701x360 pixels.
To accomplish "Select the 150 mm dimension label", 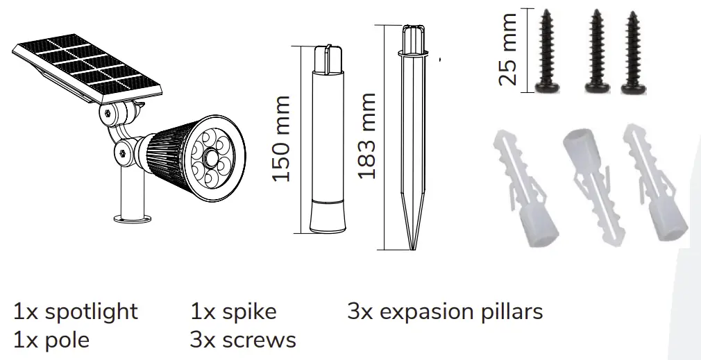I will click(x=280, y=139).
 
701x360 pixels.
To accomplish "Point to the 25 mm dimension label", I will click(x=509, y=49).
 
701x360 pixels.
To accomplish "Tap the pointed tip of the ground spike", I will click(x=414, y=246).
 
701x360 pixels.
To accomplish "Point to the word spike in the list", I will click(x=249, y=311).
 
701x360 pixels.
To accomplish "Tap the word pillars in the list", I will click(x=514, y=311).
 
